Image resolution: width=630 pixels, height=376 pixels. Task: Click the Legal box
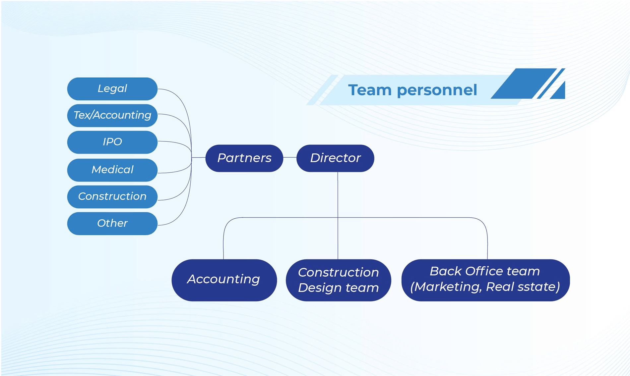[112, 89]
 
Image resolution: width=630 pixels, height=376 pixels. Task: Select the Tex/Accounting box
[112, 115]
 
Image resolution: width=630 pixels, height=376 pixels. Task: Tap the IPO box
[112, 142]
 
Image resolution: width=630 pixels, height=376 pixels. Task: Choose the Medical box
[112, 170]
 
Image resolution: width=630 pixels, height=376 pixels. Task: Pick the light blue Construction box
[112, 196]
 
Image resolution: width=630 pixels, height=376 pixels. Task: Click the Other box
[112, 223]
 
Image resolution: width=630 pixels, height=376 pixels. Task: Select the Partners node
[244, 158]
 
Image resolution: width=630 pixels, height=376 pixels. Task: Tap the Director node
[335, 158]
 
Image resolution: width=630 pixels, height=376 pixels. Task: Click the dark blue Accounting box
[224, 280]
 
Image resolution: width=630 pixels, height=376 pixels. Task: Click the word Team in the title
[369, 90]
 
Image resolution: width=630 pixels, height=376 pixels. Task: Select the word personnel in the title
[437, 90]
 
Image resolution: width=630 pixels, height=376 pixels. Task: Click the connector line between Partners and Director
[290, 157]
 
